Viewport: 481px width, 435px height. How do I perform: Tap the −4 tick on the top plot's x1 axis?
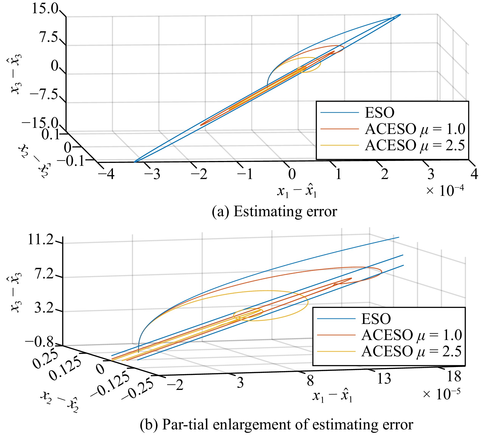coord(106,174)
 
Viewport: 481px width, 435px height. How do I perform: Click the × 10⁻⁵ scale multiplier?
coord(442,394)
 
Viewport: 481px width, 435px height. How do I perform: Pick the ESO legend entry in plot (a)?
coord(379,113)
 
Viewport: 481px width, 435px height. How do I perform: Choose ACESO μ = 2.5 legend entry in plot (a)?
coord(415,145)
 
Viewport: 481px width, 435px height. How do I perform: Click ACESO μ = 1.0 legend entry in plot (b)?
coord(412,335)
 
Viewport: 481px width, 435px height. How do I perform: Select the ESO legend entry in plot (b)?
coord(376,319)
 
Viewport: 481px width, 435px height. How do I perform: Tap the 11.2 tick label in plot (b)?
coord(41,239)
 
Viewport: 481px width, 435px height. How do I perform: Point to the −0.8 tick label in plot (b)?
coord(39,342)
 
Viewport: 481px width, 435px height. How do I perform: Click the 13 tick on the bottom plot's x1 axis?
coord(384,378)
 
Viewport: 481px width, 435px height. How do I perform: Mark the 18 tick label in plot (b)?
coord(454,376)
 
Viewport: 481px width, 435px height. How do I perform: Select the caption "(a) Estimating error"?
coord(274,211)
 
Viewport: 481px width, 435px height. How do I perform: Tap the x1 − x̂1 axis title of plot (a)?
coord(297,191)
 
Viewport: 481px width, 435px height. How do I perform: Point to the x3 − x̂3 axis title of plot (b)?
coord(15,292)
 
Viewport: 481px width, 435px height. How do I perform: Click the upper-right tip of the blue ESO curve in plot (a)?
coord(400,15)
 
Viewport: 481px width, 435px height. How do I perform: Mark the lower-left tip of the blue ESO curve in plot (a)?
coord(135,162)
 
